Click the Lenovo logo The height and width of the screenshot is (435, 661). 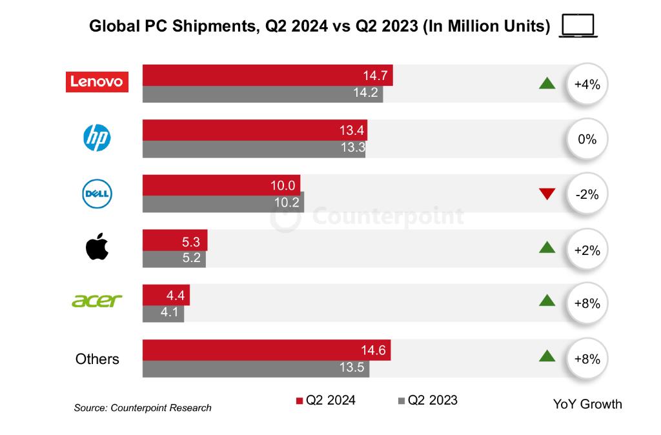(97, 82)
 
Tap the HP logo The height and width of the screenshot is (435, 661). (97, 137)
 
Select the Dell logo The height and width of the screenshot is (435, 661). (97, 193)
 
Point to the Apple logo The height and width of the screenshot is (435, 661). (97, 248)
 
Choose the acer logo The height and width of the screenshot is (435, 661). (97, 301)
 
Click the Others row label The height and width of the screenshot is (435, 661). (97, 359)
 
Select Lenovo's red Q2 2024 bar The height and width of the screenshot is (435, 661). (267, 76)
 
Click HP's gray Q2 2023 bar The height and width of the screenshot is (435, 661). (254, 149)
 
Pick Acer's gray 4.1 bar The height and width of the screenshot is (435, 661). (163, 314)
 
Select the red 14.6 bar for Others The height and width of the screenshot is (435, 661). (266, 350)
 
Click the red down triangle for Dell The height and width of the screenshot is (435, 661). (547, 194)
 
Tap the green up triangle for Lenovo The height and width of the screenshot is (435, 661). (547, 83)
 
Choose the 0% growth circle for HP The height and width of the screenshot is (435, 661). (587, 139)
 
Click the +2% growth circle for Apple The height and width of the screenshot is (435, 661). (587, 249)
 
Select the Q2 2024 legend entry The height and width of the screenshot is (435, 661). (325, 400)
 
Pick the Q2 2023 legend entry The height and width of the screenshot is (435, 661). (427, 400)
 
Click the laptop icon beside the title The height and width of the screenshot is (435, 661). (578, 26)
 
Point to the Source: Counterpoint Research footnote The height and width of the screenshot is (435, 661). (143, 408)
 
